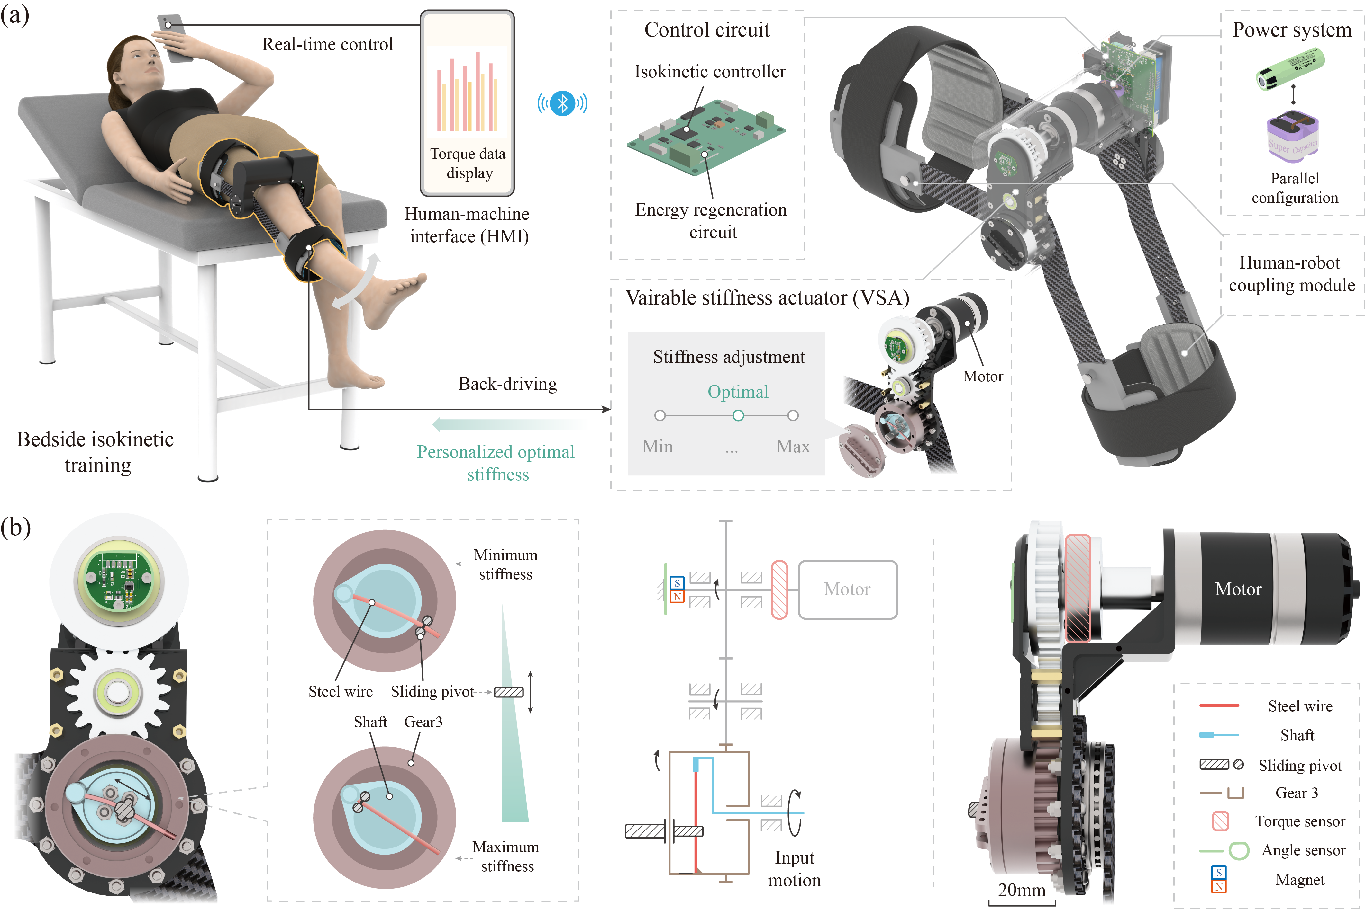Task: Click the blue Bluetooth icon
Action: pos(562,104)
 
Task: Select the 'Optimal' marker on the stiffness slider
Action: pos(738,416)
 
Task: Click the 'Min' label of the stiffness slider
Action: pos(657,447)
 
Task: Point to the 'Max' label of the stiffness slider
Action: pos(793,447)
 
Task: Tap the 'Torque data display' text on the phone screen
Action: pos(468,163)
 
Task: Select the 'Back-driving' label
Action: pos(507,384)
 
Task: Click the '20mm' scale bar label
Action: pos(1021,890)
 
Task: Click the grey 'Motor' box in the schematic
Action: pos(847,589)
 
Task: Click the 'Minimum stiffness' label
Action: pos(505,564)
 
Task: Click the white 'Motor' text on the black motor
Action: pos(1238,589)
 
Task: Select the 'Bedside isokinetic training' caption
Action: pos(96,452)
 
